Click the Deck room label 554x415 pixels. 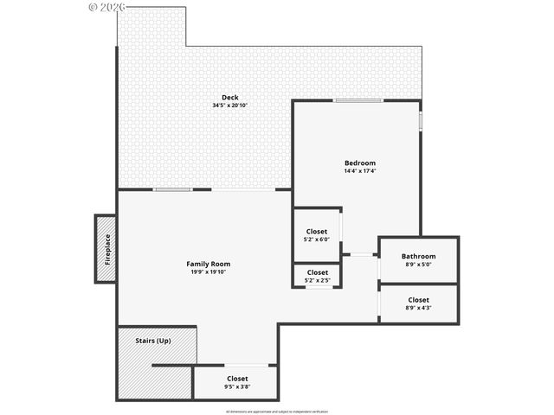(229, 98)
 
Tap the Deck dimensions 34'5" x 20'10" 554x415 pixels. (229, 105)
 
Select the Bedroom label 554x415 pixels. (360, 163)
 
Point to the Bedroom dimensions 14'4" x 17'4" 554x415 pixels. (360, 171)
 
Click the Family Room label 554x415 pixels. (209, 264)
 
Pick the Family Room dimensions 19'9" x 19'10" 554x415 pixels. (209, 271)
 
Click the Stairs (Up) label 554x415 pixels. (153, 341)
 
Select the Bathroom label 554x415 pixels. (418, 256)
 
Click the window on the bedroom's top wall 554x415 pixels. (359, 101)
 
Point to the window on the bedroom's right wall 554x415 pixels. (421, 120)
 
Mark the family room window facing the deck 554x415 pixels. (173, 189)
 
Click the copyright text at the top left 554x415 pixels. (107, 6)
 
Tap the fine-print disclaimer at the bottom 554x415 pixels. (277, 411)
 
